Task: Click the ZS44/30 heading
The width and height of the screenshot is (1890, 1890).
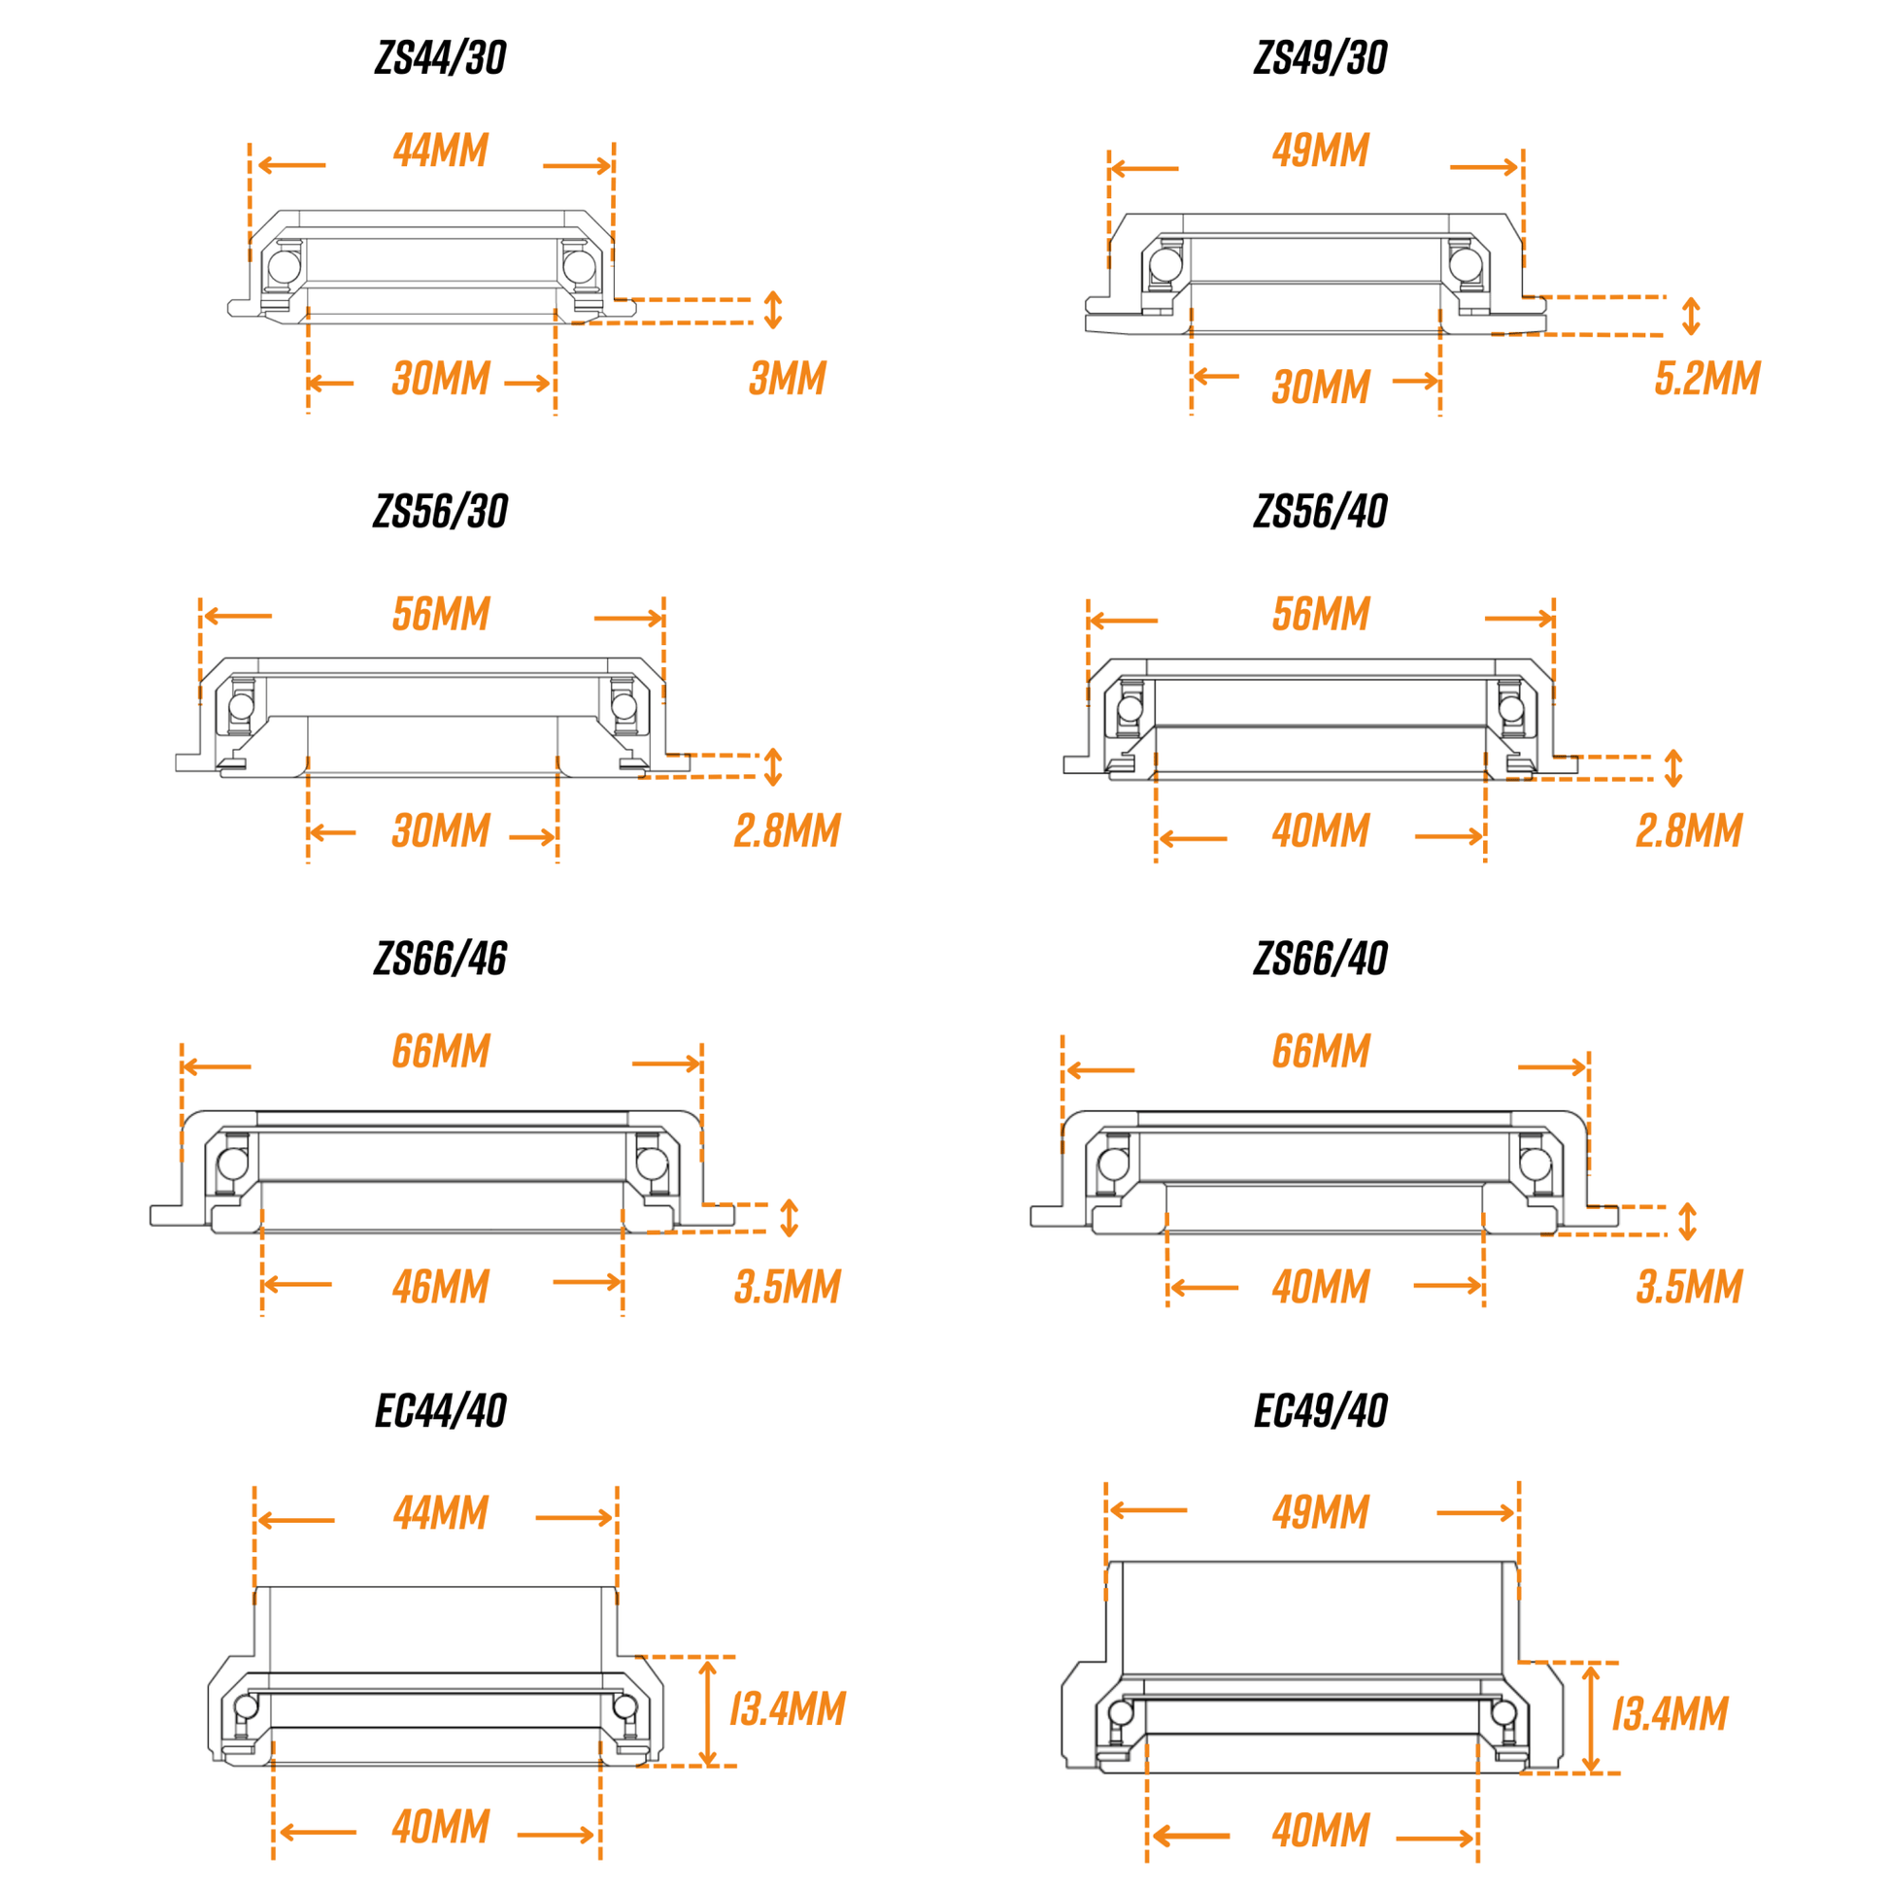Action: pyautogui.click(x=440, y=58)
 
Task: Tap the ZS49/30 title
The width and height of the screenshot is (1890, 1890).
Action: pyautogui.click(x=1321, y=58)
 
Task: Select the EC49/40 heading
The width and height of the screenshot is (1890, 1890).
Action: pyautogui.click(x=1321, y=1411)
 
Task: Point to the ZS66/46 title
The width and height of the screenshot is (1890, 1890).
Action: pyautogui.click(x=440, y=959)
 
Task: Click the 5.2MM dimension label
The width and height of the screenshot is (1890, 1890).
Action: pyautogui.click(x=1707, y=379)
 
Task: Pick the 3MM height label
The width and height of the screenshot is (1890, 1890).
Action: pyautogui.click(x=788, y=379)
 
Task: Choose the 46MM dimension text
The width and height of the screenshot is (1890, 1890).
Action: pyautogui.click(x=441, y=1288)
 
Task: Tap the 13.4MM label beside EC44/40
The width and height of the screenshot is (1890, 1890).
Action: pyautogui.click(x=788, y=1709)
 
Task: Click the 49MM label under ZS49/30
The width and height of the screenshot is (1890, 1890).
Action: pyautogui.click(x=1321, y=151)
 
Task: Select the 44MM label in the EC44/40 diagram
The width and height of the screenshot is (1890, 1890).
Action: pyautogui.click(x=441, y=1513)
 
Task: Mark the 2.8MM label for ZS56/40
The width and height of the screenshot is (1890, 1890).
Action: pyautogui.click(x=1690, y=831)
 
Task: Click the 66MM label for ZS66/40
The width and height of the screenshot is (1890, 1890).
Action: pyautogui.click(x=1321, y=1052)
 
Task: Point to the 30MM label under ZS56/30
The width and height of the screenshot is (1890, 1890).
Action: pyautogui.click(x=441, y=831)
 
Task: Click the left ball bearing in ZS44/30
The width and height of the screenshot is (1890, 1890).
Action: pyautogui.click(x=285, y=266)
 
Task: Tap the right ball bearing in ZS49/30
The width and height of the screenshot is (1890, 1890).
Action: pyautogui.click(x=1465, y=264)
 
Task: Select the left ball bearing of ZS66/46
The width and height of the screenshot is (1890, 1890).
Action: pyautogui.click(x=233, y=1164)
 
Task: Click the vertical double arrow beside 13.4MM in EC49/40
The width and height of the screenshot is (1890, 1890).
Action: pyautogui.click(x=1591, y=1719)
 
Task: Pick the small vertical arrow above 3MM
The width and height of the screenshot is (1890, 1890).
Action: pyautogui.click(x=773, y=310)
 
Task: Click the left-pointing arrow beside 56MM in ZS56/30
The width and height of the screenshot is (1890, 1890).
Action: pyautogui.click(x=238, y=617)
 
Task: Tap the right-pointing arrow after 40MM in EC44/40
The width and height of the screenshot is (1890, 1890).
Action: pyautogui.click(x=557, y=1835)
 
